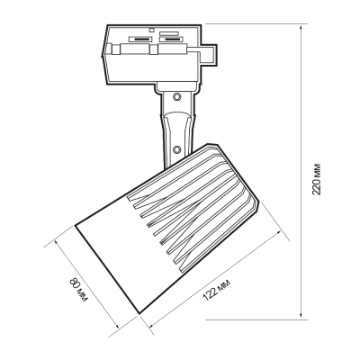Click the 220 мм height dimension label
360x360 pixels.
pyautogui.click(x=317, y=179)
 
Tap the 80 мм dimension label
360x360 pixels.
pyautogui.click(x=78, y=290)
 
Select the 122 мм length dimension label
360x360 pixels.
pyautogui.click(x=217, y=290)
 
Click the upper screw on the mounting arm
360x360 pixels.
pyautogui.click(x=176, y=96)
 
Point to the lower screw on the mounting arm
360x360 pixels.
pyautogui.click(x=176, y=149)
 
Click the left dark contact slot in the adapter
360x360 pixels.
pyautogui.click(x=140, y=39)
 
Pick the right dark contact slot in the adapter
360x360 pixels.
pyautogui.click(x=171, y=39)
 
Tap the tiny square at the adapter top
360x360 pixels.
pyautogui.click(x=152, y=30)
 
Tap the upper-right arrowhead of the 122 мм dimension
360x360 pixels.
pyautogui.click(x=280, y=234)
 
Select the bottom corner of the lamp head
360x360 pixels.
pyautogui.click(x=139, y=313)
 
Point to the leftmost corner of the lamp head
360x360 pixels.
pyautogui.click(x=76, y=225)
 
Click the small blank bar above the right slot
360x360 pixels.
pyautogui.click(x=169, y=33)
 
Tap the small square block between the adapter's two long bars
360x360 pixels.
pyautogui.click(x=154, y=49)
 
